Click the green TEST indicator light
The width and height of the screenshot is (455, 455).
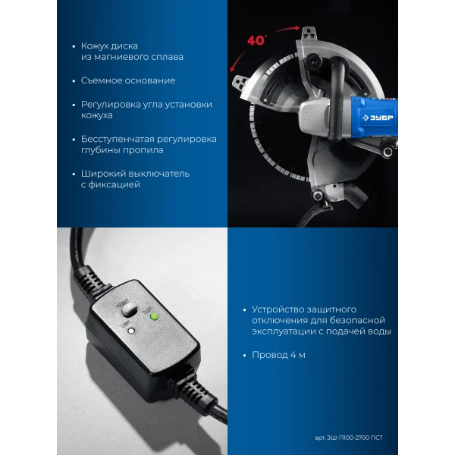click(x=154, y=316)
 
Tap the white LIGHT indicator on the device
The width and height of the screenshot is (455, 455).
click(x=132, y=331)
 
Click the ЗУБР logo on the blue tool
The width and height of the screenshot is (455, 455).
click(x=378, y=118)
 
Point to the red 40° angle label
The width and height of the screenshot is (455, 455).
click(x=256, y=40)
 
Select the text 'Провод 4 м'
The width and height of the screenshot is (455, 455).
click(x=278, y=355)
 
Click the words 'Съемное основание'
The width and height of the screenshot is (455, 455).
click(x=128, y=80)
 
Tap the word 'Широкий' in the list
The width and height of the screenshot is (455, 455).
click(x=103, y=174)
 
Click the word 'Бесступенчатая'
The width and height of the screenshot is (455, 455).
click(x=118, y=139)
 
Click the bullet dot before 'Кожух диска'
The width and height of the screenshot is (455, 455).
click(x=74, y=46)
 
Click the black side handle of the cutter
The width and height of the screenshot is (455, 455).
click(x=337, y=99)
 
